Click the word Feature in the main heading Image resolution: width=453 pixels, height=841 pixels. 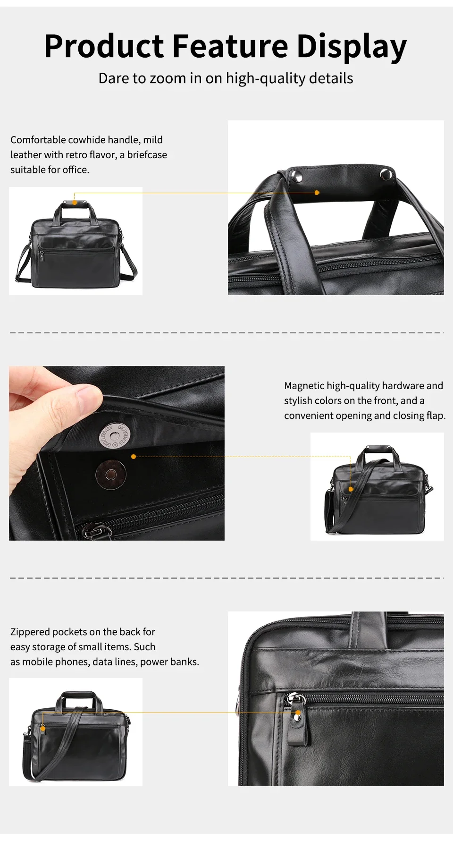click(230, 46)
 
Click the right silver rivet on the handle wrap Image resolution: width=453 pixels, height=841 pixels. click(386, 173)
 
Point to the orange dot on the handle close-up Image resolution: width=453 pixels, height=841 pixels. click(317, 193)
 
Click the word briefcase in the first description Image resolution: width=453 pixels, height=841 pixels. click(147, 155)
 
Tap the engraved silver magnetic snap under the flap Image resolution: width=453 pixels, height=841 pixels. click(113, 434)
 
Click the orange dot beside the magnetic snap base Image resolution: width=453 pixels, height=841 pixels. click(134, 457)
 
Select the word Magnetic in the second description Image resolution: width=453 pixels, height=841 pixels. click(304, 386)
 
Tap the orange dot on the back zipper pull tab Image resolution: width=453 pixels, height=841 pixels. click(298, 713)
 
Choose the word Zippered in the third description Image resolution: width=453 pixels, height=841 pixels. click(30, 632)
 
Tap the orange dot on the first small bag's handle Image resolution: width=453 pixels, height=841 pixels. click(75, 202)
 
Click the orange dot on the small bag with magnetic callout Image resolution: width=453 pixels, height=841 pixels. click(351, 489)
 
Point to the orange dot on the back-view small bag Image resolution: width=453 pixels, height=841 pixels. click(43, 729)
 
